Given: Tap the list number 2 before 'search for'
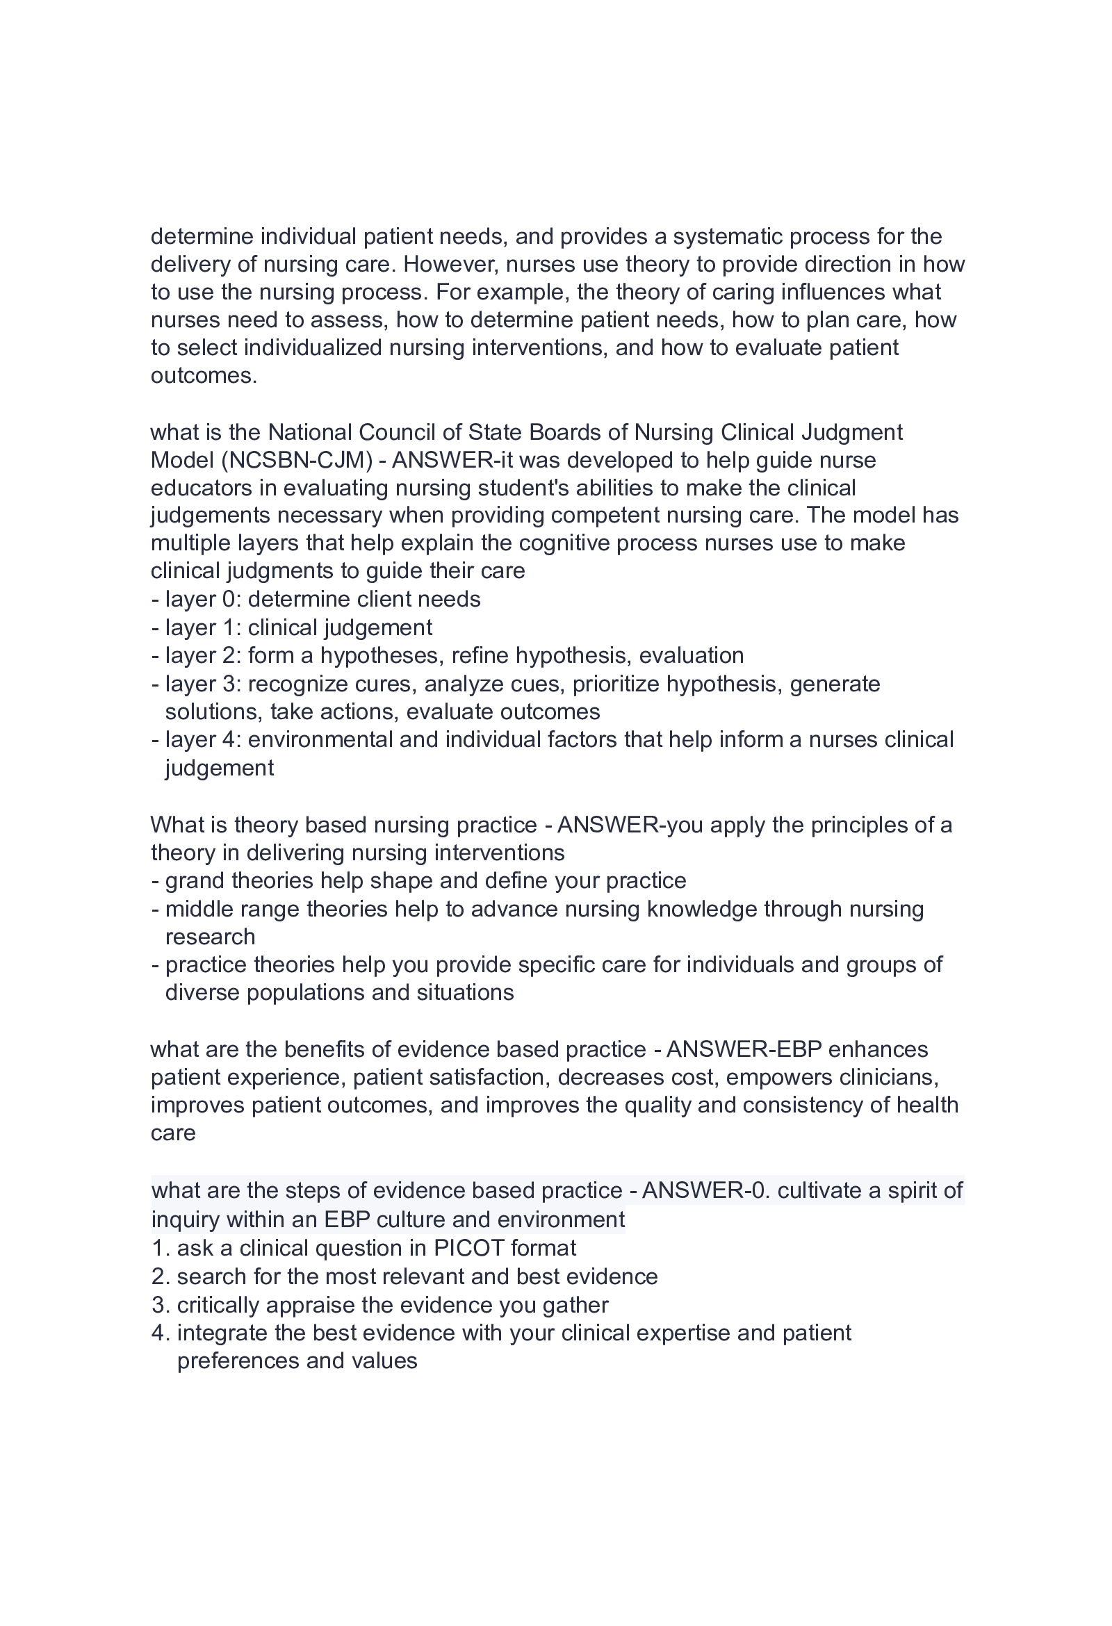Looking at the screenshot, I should (x=159, y=1277).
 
